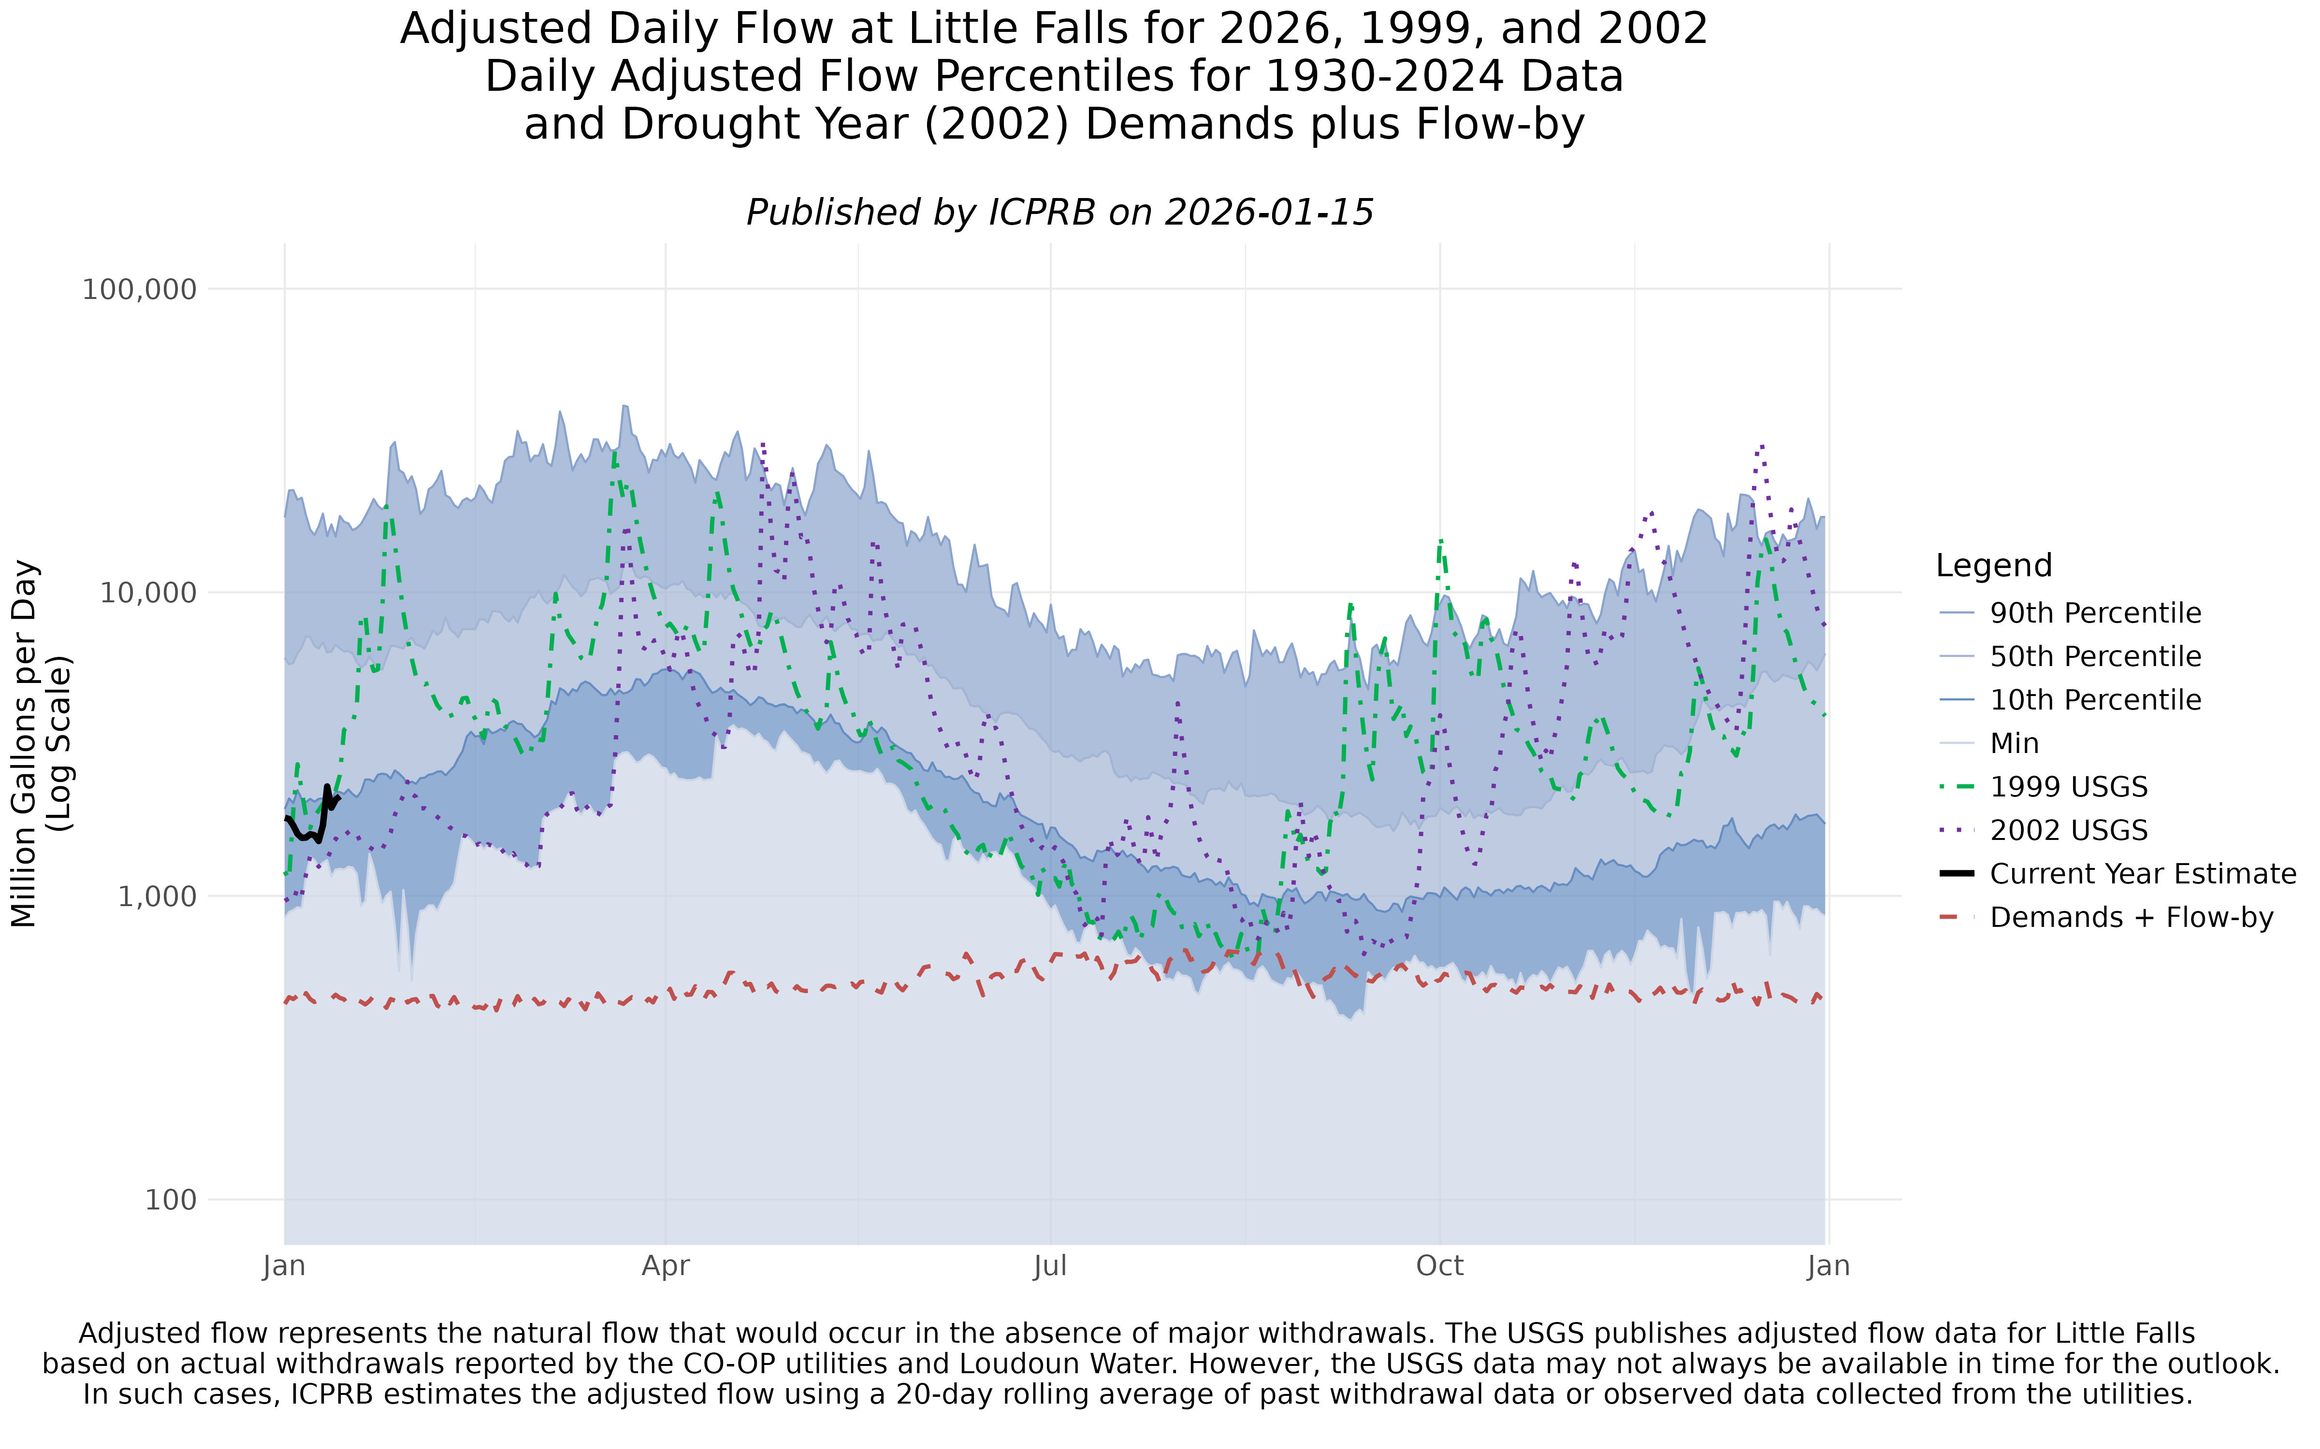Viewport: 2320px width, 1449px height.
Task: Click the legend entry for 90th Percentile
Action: [x=2095, y=613]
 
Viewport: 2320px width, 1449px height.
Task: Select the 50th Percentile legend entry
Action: [x=2095, y=656]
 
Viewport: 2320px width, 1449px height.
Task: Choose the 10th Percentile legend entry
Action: [x=2095, y=700]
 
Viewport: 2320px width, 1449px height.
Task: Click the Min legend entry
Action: [x=2014, y=744]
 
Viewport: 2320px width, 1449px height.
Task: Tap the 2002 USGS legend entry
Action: [x=2068, y=831]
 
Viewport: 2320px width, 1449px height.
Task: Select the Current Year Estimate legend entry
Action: [x=2142, y=874]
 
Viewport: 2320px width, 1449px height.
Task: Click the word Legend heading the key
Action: [x=1993, y=566]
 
